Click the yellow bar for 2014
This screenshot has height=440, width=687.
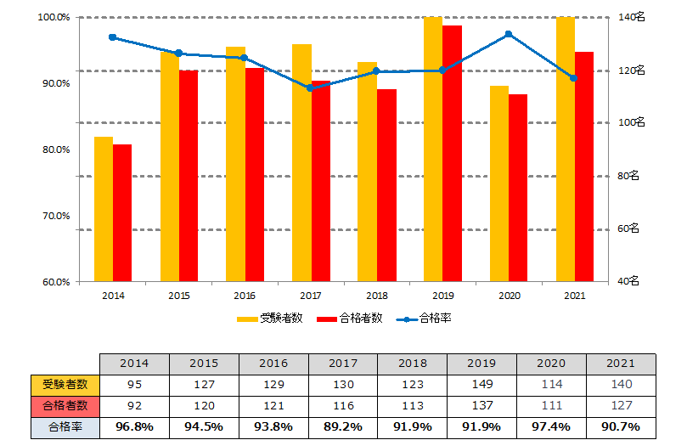(103, 208)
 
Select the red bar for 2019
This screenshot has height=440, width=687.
(452, 153)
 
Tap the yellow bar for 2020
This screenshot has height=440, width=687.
(499, 183)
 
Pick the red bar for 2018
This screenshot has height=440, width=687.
(386, 184)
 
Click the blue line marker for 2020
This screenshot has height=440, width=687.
(508, 34)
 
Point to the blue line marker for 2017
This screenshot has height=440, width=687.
(310, 87)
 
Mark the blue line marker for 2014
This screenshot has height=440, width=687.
(112, 37)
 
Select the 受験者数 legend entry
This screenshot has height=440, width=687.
(269, 319)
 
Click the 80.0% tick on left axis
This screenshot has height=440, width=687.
(56, 149)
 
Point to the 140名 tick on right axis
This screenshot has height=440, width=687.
(633, 17)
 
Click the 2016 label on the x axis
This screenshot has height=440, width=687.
(245, 296)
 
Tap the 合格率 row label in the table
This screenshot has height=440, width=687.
(65, 425)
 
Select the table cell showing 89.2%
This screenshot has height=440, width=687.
(344, 425)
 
